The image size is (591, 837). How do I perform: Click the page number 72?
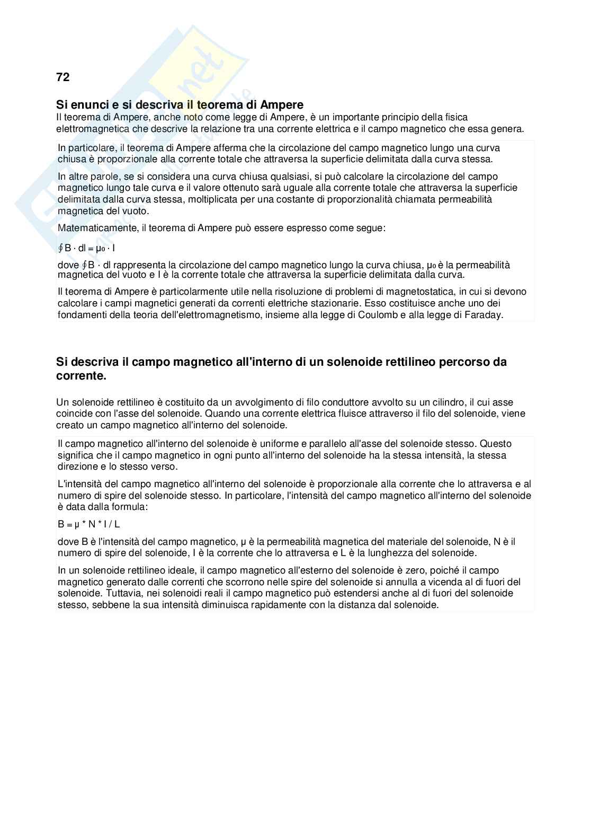click(x=62, y=77)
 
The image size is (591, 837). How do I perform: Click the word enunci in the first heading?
click(x=87, y=105)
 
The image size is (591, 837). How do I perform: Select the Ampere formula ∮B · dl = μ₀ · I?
click(x=86, y=248)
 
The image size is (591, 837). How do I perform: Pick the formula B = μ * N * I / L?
click(x=89, y=524)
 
